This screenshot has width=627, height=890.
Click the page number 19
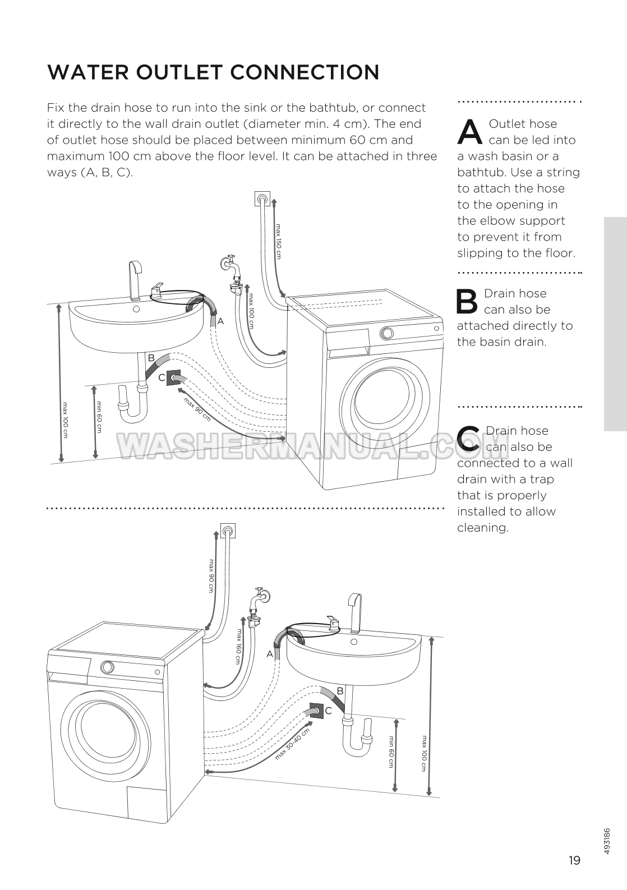tap(574, 860)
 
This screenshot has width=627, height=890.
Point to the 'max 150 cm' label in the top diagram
tap(278, 242)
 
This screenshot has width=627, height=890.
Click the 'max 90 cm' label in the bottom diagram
tap(211, 575)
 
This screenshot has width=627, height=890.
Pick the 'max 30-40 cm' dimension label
tap(292, 744)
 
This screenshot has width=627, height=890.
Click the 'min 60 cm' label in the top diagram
tap(99, 417)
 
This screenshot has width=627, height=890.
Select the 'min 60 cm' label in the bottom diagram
tap(391, 752)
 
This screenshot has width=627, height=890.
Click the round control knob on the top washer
tap(386, 333)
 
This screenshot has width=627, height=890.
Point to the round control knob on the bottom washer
tap(107, 667)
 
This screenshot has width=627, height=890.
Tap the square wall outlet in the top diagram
tap(262, 199)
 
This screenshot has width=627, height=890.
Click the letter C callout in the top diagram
tap(162, 378)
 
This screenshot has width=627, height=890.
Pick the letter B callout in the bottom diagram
tap(340, 691)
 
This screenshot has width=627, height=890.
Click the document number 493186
tap(608, 841)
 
